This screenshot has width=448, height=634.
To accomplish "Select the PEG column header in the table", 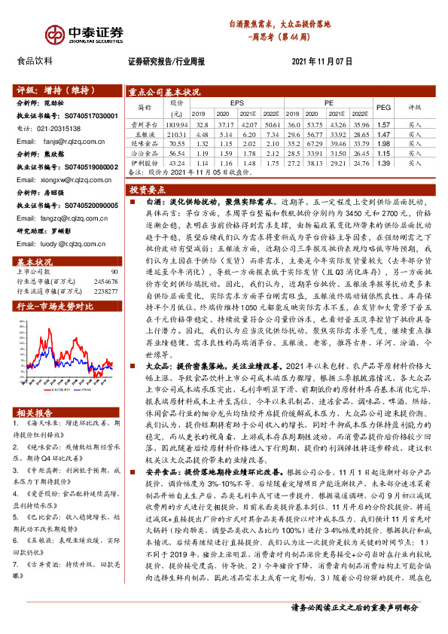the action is coord(383,107).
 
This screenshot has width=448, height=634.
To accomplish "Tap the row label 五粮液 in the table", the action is coord(141,133).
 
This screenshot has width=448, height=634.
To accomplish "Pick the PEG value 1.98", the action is coord(383,142).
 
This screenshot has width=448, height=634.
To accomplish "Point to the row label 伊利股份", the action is coord(141,162).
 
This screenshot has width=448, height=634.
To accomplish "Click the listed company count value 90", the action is coord(114,249).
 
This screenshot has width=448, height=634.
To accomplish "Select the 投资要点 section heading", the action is coord(150,190).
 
